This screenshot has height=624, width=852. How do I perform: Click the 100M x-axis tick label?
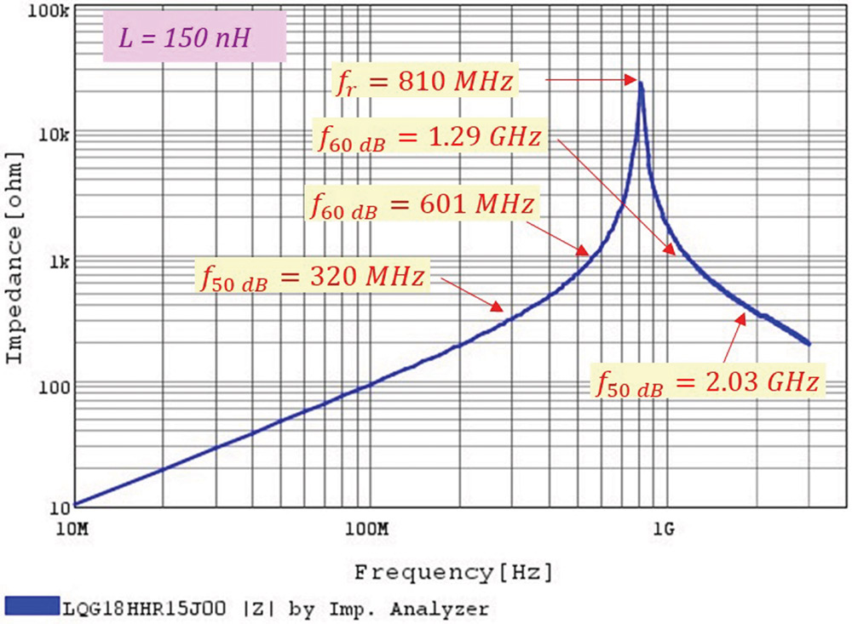pyautogui.click(x=368, y=529)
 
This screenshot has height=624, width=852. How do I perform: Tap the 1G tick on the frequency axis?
pyautogui.click(x=664, y=529)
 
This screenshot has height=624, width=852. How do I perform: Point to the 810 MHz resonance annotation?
pyautogui.click(x=423, y=83)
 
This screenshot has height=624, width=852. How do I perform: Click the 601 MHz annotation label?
pyautogui.click(x=421, y=205)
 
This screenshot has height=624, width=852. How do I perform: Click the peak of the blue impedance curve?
pyautogui.click(x=641, y=83)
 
